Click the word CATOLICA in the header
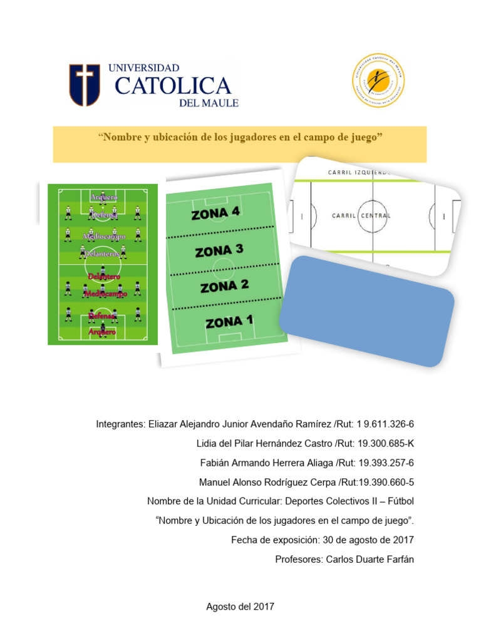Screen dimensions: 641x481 click(x=173, y=86)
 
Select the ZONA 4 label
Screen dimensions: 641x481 click(x=215, y=213)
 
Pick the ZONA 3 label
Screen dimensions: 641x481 click(x=219, y=250)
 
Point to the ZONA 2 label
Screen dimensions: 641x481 click(x=224, y=287)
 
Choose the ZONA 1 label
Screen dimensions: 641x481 click(x=229, y=322)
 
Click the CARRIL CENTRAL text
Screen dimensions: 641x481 click(x=361, y=216)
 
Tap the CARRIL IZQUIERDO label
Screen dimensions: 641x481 click(x=359, y=172)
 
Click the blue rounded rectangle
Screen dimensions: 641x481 click(x=366, y=310)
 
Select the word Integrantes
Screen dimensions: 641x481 click(x=120, y=424)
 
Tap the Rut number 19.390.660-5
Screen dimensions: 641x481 click(x=385, y=483)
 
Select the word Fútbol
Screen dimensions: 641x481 click(x=400, y=501)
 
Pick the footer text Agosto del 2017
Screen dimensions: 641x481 click(x=240, y=606)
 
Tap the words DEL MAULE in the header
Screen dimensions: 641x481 click(x=209, y=103)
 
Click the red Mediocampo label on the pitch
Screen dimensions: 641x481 click(x=105, y=294)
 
